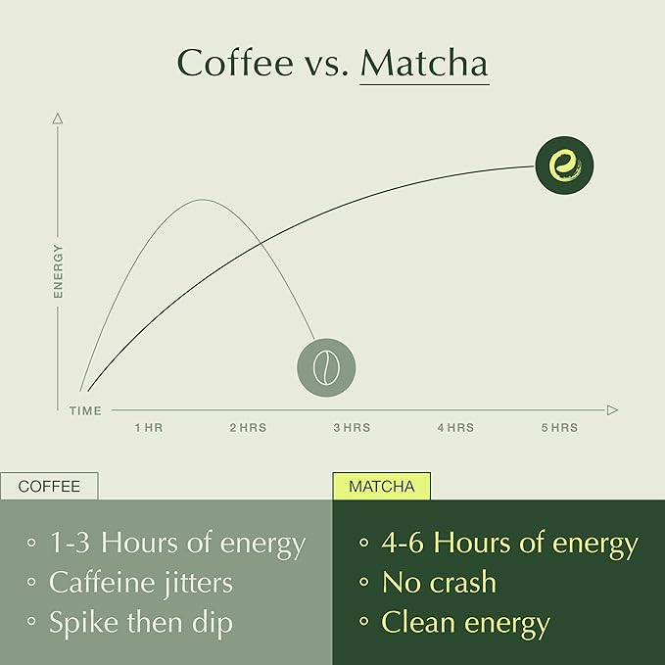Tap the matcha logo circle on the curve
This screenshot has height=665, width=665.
[x=565, y=165]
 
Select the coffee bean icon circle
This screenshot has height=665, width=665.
[x=326, y=367]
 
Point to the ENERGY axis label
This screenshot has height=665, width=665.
[x=58, y=270]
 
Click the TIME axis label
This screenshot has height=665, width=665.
[x=85, y=411]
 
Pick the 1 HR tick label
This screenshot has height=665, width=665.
[x=149, y=428]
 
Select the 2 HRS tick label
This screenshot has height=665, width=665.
[x=248, y=428]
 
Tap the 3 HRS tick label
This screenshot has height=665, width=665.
[x=352, y=428]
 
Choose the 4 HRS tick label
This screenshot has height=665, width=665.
[x=455, y=428]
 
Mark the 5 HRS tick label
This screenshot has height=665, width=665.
[x=559, y=428]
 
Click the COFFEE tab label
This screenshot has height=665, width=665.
[x=49, y=486]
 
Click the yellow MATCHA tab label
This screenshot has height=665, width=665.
[x=381, y=486]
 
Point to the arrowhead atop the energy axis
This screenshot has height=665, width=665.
[x=58, y=119]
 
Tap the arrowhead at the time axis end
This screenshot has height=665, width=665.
[x=612, y=409]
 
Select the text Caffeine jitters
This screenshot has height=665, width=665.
[x=141, y=583]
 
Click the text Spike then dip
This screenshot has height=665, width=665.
[x=141, y=622]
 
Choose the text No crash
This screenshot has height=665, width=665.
[x=439, y=583]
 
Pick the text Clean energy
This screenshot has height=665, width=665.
[x=465, y=622]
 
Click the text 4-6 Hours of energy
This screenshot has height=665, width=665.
[x=509, y=543]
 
